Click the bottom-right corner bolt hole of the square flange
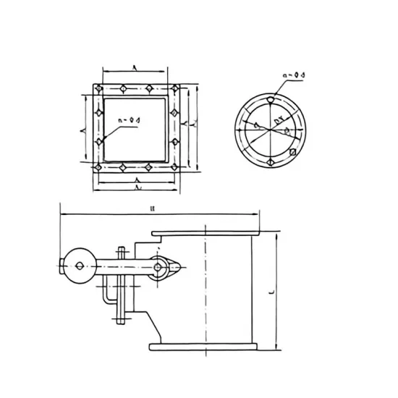[x=174, y=168]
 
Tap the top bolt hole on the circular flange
[x=269, y=101]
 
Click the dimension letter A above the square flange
[x=136, y=67]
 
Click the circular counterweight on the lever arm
[x=76, y=264]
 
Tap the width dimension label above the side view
[x=153, y=209]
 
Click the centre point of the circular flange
[x=269, y=131]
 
